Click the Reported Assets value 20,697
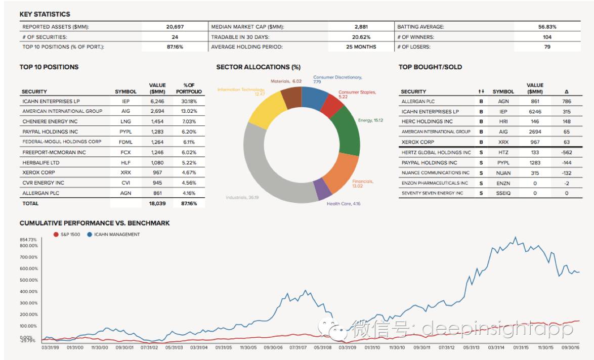tap(175, 27)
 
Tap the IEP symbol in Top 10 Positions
tap(125, 101)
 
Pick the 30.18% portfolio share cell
tap(189, 101)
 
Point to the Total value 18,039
tap(158, 203)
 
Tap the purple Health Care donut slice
tap(322, 190)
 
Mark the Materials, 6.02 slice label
tap(286, 81)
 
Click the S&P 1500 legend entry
tap(68, 234)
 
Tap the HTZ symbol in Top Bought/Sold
tap(503, 152)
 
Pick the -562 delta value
tap(566, 152)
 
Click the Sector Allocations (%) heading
tap(258, 67)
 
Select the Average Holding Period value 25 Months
tap(361, 47)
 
